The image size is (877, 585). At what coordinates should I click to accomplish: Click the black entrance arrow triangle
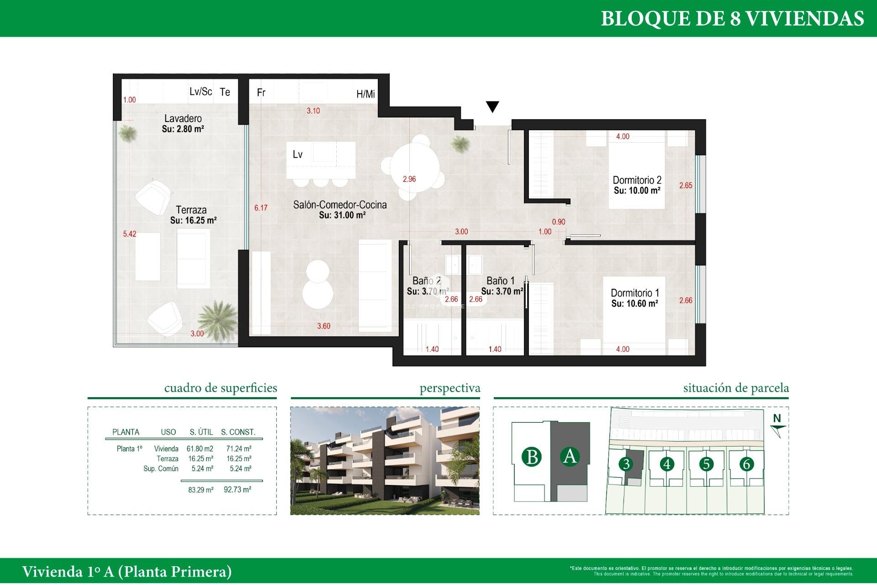(x=492, y=106)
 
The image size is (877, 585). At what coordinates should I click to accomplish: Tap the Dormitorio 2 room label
(x=637, y=180)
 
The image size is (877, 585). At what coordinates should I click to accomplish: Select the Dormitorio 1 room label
(x=634, y=293)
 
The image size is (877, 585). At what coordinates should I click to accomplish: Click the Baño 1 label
(x=500, y=281)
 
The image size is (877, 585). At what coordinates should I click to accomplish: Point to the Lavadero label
(x=183, y=118)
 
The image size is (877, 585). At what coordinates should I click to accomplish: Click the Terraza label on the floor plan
(x=191, y=210)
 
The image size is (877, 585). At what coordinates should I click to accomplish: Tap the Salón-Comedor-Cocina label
(x=340, y=205)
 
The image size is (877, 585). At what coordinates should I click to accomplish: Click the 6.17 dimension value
(x=261, y=208)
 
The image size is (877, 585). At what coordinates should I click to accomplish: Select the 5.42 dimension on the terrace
(x=129, y=234)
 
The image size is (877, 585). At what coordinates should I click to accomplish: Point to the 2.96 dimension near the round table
(x=409, y=179)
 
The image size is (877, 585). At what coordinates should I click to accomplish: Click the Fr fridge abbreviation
(x=261, y=93)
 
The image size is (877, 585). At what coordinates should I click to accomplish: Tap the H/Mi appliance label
(x=365, y=94)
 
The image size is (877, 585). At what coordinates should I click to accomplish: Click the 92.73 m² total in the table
(x=237, y=489)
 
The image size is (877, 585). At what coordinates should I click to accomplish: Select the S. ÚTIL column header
(x=201, y=432)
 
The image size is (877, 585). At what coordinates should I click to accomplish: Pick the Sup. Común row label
(x=161, y=468)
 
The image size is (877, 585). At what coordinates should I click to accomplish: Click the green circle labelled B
(x=532, y=457)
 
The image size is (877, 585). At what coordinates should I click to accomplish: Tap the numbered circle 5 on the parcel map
(x=706, y=464)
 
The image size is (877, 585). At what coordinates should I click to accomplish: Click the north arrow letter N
(x=777, y=418)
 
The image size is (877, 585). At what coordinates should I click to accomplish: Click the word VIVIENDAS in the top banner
(x=805, y=19)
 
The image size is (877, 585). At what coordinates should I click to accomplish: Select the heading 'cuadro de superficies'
(x=221, y=388)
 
